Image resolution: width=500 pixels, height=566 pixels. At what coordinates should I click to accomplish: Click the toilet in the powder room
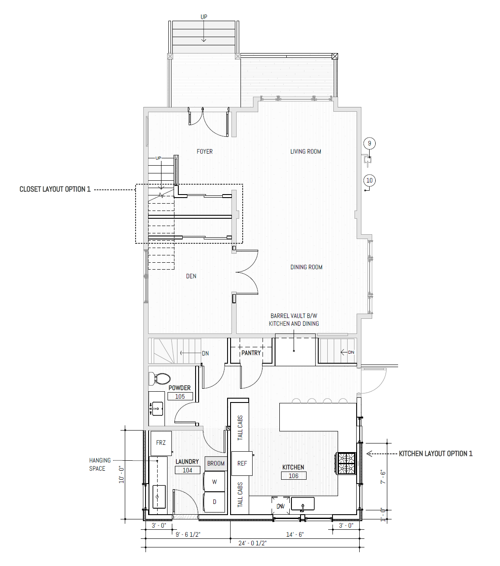[x=159, y=379]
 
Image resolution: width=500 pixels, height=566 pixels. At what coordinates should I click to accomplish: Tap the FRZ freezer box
[x=161, y=443]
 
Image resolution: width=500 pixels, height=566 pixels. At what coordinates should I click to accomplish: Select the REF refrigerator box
[x=242, y=463]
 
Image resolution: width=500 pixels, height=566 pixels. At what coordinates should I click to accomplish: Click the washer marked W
[x=215, y=481]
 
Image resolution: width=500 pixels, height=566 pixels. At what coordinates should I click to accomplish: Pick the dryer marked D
[x=215, y=502]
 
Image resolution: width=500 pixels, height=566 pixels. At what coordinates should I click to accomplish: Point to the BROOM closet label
[x=215, y=463]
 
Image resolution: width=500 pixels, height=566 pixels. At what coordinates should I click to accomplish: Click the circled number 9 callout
[x=370, y=143]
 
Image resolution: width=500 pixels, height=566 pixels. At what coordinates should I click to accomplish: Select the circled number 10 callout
[x=370, y=180]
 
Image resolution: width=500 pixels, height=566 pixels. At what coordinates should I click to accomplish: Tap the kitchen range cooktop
[x=346, y=463]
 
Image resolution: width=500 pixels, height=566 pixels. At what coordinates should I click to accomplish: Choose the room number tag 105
[x=180, y=396]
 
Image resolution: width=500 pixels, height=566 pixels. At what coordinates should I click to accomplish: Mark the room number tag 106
[x=294, y=476]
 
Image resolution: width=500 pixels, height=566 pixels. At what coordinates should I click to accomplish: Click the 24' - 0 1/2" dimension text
[x=252, y=544]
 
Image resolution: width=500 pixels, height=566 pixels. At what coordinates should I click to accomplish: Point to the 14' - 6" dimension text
[x=295, y=535]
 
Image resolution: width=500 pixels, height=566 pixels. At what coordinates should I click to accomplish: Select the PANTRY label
[x=251, y=353]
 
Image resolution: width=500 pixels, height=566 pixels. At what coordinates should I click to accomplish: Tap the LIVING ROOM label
[x=306, y=151]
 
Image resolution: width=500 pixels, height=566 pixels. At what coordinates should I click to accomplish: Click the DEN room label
[x=191, y=276]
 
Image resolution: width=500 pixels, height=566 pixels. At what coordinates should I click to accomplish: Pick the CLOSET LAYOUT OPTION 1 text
[x=55, y=189]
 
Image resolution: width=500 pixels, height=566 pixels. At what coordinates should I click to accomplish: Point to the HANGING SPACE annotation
[x=100, y=464]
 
